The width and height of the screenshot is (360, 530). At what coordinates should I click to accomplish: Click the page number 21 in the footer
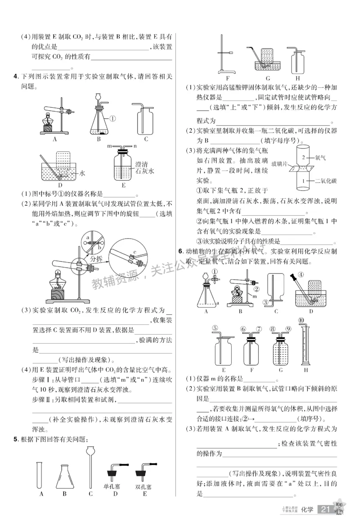click(325, 509)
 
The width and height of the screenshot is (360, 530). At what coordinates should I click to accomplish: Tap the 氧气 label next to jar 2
click(320, 158)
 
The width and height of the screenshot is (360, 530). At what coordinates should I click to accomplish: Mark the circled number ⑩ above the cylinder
click(301, 320)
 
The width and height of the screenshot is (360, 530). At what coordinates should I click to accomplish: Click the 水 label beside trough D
click(82, 172)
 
